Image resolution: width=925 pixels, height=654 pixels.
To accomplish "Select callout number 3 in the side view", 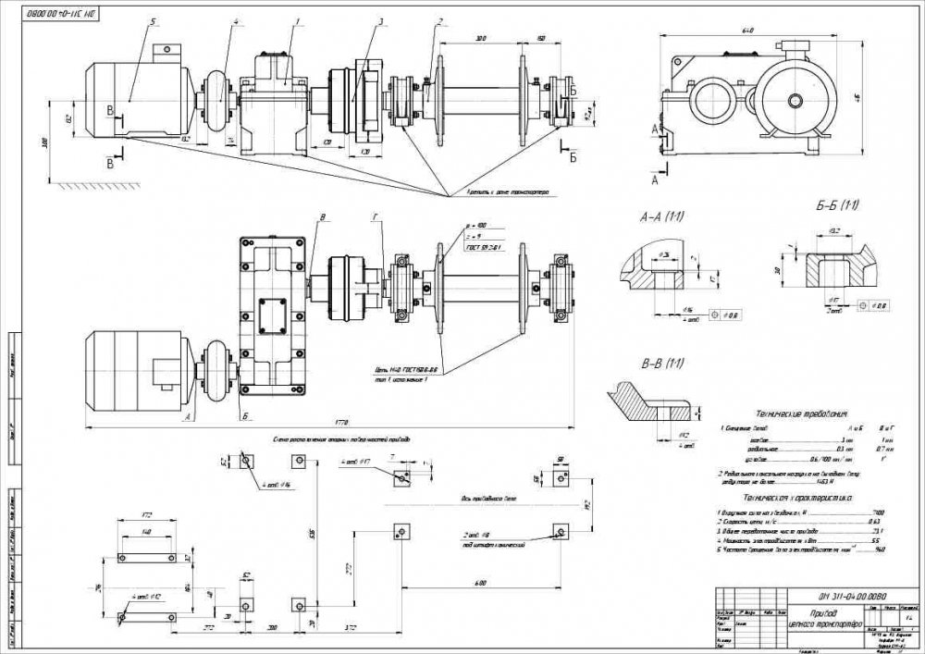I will (x=380, y=20).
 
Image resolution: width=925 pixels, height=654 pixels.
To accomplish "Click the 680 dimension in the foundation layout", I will (x=479, y=581).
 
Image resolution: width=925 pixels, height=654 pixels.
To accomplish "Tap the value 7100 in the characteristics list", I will (x=878, y=512).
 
